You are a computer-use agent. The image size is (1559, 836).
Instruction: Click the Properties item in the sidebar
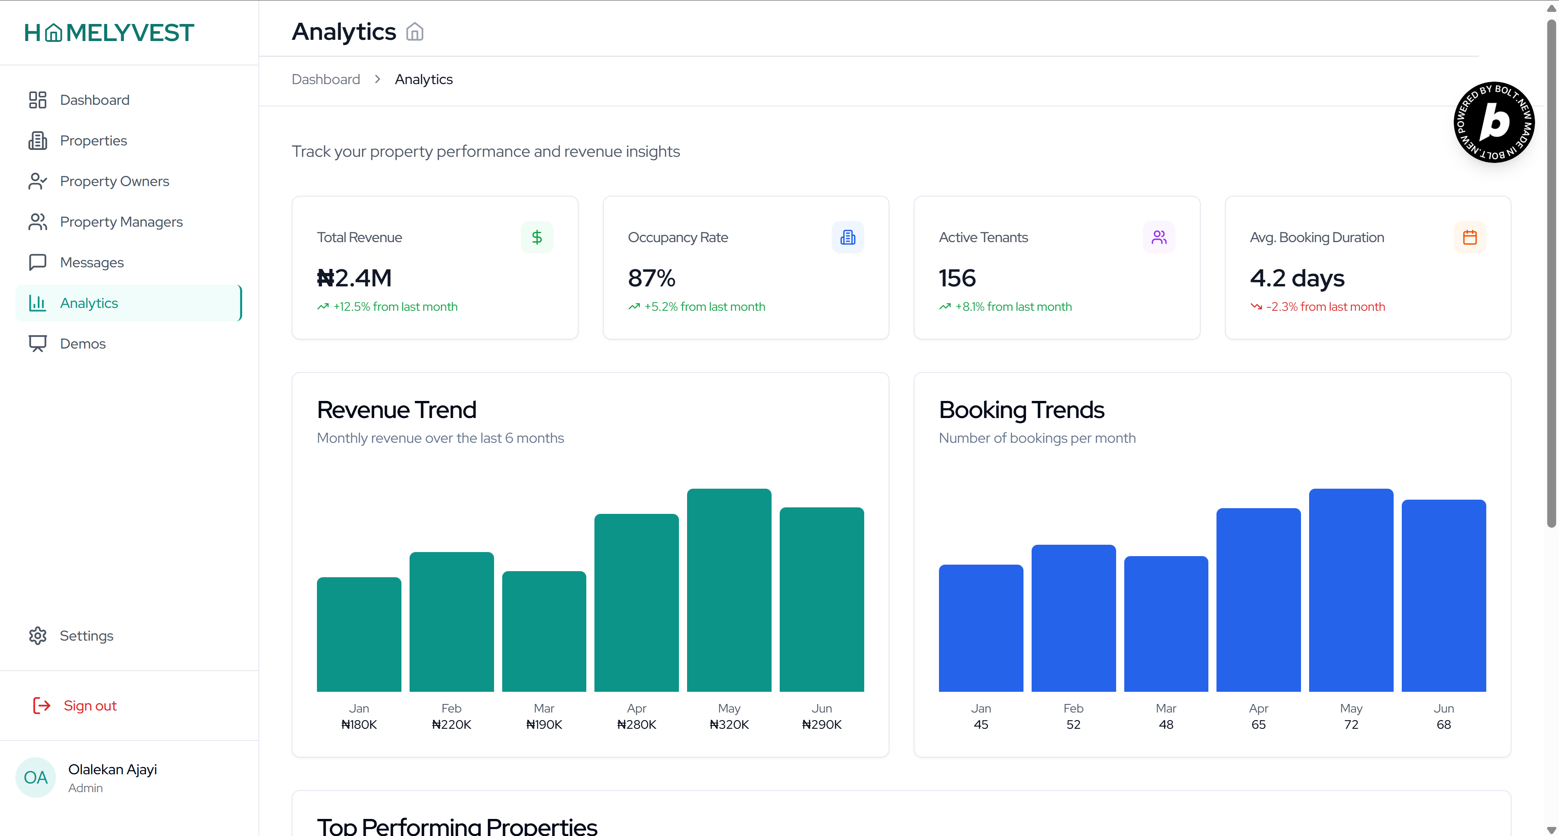93,140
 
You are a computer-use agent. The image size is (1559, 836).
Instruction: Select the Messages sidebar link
91,262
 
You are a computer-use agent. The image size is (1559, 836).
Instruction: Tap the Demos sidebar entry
82,343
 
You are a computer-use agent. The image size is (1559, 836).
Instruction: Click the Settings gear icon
37,635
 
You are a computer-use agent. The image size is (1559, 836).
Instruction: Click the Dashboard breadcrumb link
325,79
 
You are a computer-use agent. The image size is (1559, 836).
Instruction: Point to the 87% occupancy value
651,278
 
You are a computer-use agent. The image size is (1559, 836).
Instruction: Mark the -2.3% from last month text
1325,307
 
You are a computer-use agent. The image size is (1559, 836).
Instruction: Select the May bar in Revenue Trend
729,590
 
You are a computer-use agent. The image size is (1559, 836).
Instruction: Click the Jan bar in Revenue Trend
359,634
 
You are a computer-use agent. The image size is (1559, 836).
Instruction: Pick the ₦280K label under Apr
636,724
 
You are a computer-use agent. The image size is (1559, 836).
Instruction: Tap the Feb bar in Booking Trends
1073,617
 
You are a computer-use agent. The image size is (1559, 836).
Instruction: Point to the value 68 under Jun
1444,724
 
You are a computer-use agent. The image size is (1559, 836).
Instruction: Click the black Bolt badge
1494,122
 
